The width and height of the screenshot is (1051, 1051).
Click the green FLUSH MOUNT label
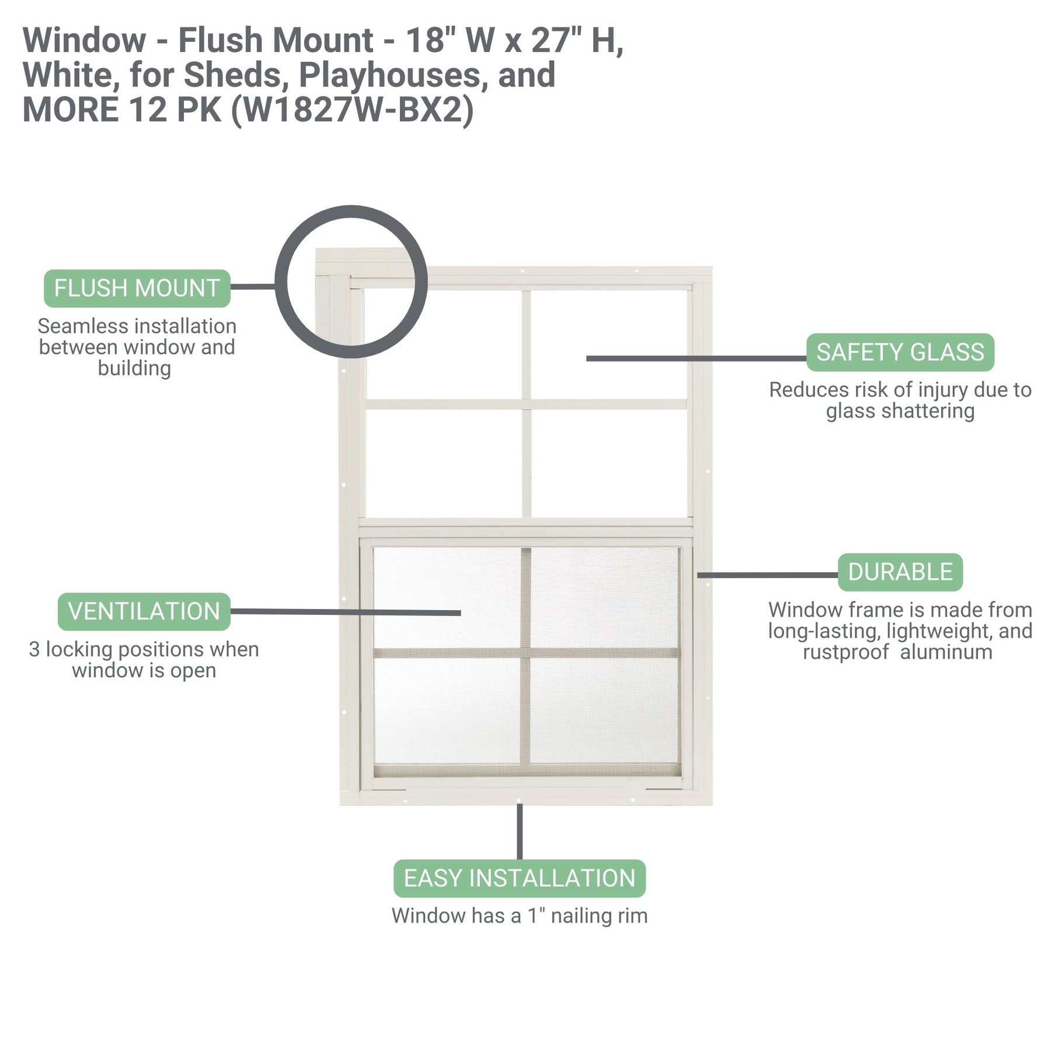(137, 288)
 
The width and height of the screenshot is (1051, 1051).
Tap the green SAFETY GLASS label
(900, 352)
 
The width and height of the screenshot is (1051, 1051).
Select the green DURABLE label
(900, 572)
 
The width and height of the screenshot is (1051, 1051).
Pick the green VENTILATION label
(144, 611)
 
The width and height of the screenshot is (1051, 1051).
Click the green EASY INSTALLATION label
(519, 878)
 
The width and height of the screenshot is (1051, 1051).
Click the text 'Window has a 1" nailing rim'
(519, 916)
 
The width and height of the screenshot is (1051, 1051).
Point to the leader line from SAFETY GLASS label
(695, 358)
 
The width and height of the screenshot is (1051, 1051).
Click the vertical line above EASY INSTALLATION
(519, 831)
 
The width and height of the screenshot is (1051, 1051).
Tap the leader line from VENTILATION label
(344, 612)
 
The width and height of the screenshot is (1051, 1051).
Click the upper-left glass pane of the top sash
(444, 344)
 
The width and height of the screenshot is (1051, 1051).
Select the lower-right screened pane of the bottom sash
(604, 710)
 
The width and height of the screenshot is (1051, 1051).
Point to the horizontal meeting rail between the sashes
(525, 528)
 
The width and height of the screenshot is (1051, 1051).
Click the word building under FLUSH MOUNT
(134, 368)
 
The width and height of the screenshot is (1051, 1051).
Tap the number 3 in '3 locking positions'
(34, 649)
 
